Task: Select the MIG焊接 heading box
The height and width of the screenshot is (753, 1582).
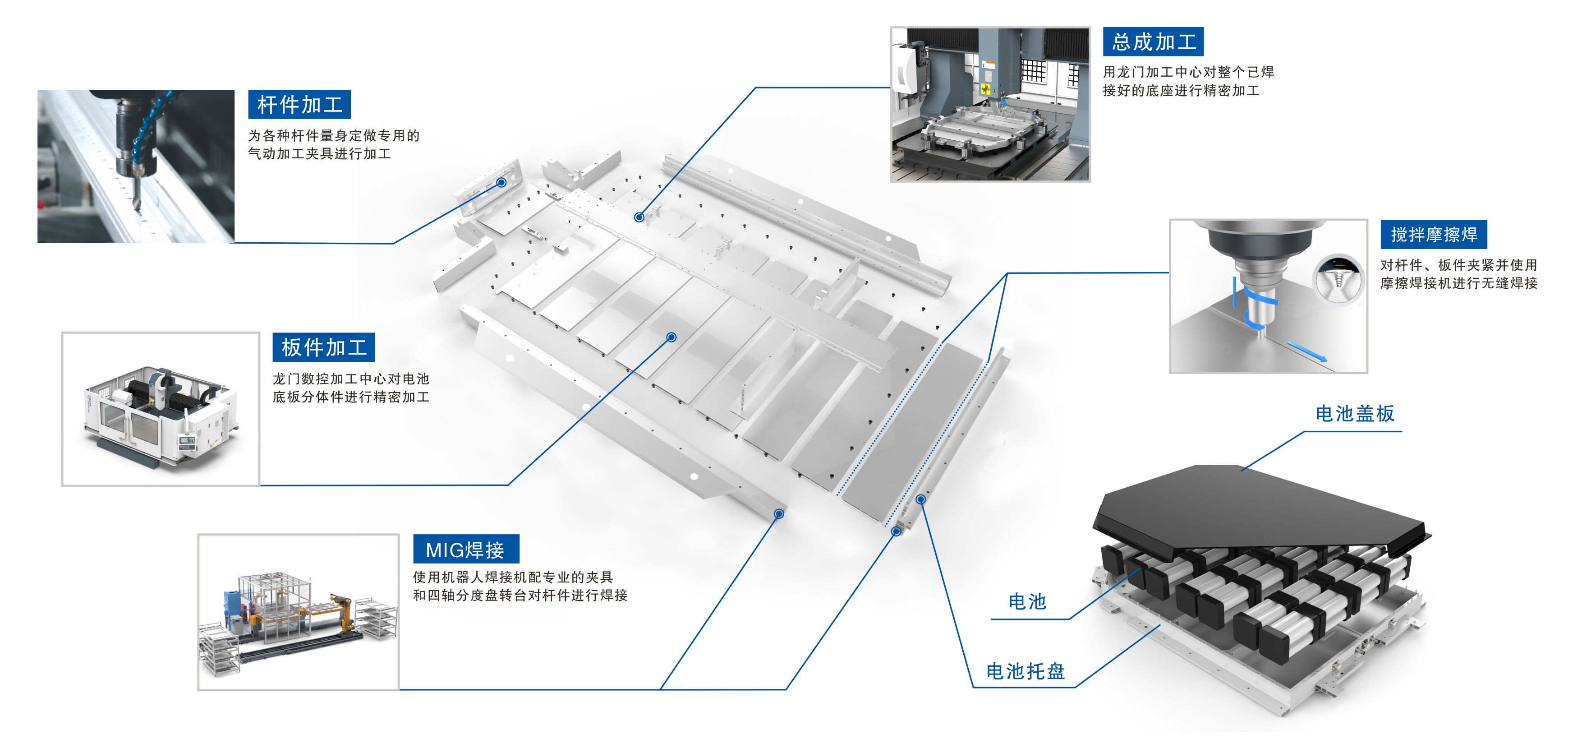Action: (x=465, y=549)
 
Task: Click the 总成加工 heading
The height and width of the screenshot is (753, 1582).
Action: (x=1153, y=42)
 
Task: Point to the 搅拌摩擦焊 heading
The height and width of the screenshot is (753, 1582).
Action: (x=1433, y=234)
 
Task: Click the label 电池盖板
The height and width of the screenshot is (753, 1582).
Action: (x=1355, y=413)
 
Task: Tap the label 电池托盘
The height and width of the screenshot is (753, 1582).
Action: (x=1025, y=671)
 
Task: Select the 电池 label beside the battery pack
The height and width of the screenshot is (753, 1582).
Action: (x=1027, y=601)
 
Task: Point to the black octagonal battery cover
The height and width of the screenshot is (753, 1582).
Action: (x=1259, y=504)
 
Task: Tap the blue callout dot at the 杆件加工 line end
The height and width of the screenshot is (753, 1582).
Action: (x=501, y=182)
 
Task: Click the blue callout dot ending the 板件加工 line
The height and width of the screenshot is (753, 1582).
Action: (x=671, y=337)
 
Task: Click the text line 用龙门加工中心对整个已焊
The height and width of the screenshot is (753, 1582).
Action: (x=1188, y=72)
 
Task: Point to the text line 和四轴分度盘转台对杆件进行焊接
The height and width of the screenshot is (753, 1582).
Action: (x=520, y=595)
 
